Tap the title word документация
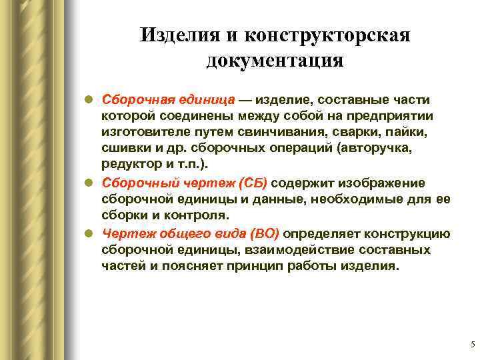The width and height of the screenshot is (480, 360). point(275,60)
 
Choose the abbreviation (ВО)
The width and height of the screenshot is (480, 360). point(264,233)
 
